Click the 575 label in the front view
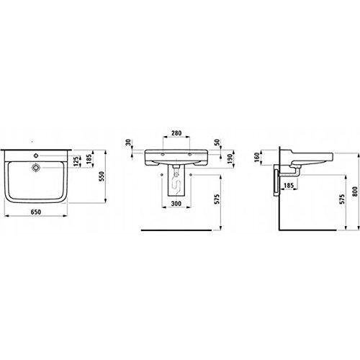[217, 198]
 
